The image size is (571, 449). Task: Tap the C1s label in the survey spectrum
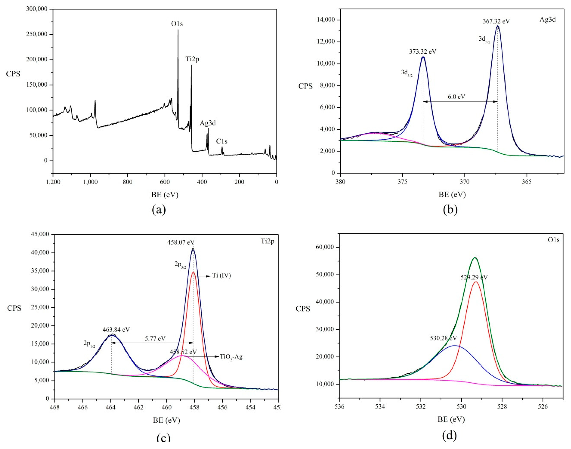click(222, 141)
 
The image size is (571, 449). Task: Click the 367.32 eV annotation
click(496, 21)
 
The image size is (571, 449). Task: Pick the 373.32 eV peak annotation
click(422, 52)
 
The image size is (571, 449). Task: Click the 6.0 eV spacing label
click(456, 97)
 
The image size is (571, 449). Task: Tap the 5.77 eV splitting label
click(155, 339)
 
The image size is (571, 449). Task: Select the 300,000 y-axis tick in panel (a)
click(37, 9)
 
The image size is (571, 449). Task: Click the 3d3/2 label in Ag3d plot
click(407, 73)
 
